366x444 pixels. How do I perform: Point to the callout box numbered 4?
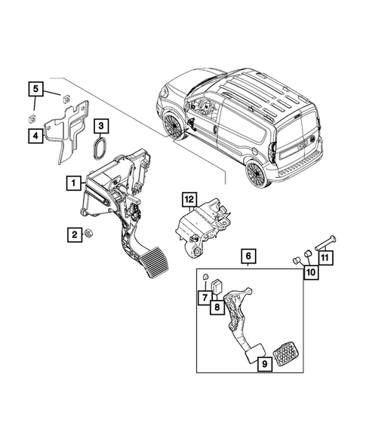35,135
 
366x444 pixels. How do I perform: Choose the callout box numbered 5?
35,90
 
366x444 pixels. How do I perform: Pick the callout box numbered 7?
205,299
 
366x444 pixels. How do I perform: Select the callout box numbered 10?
310,274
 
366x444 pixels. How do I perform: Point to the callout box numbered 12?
189,199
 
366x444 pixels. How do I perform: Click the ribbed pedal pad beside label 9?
287,352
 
